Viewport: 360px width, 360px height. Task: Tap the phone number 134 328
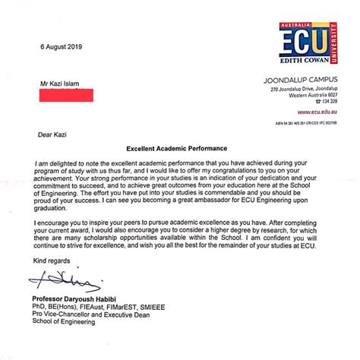[329, 101]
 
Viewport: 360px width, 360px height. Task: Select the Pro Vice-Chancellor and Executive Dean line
[94, 318]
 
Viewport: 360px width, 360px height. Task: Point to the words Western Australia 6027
[313, 95]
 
